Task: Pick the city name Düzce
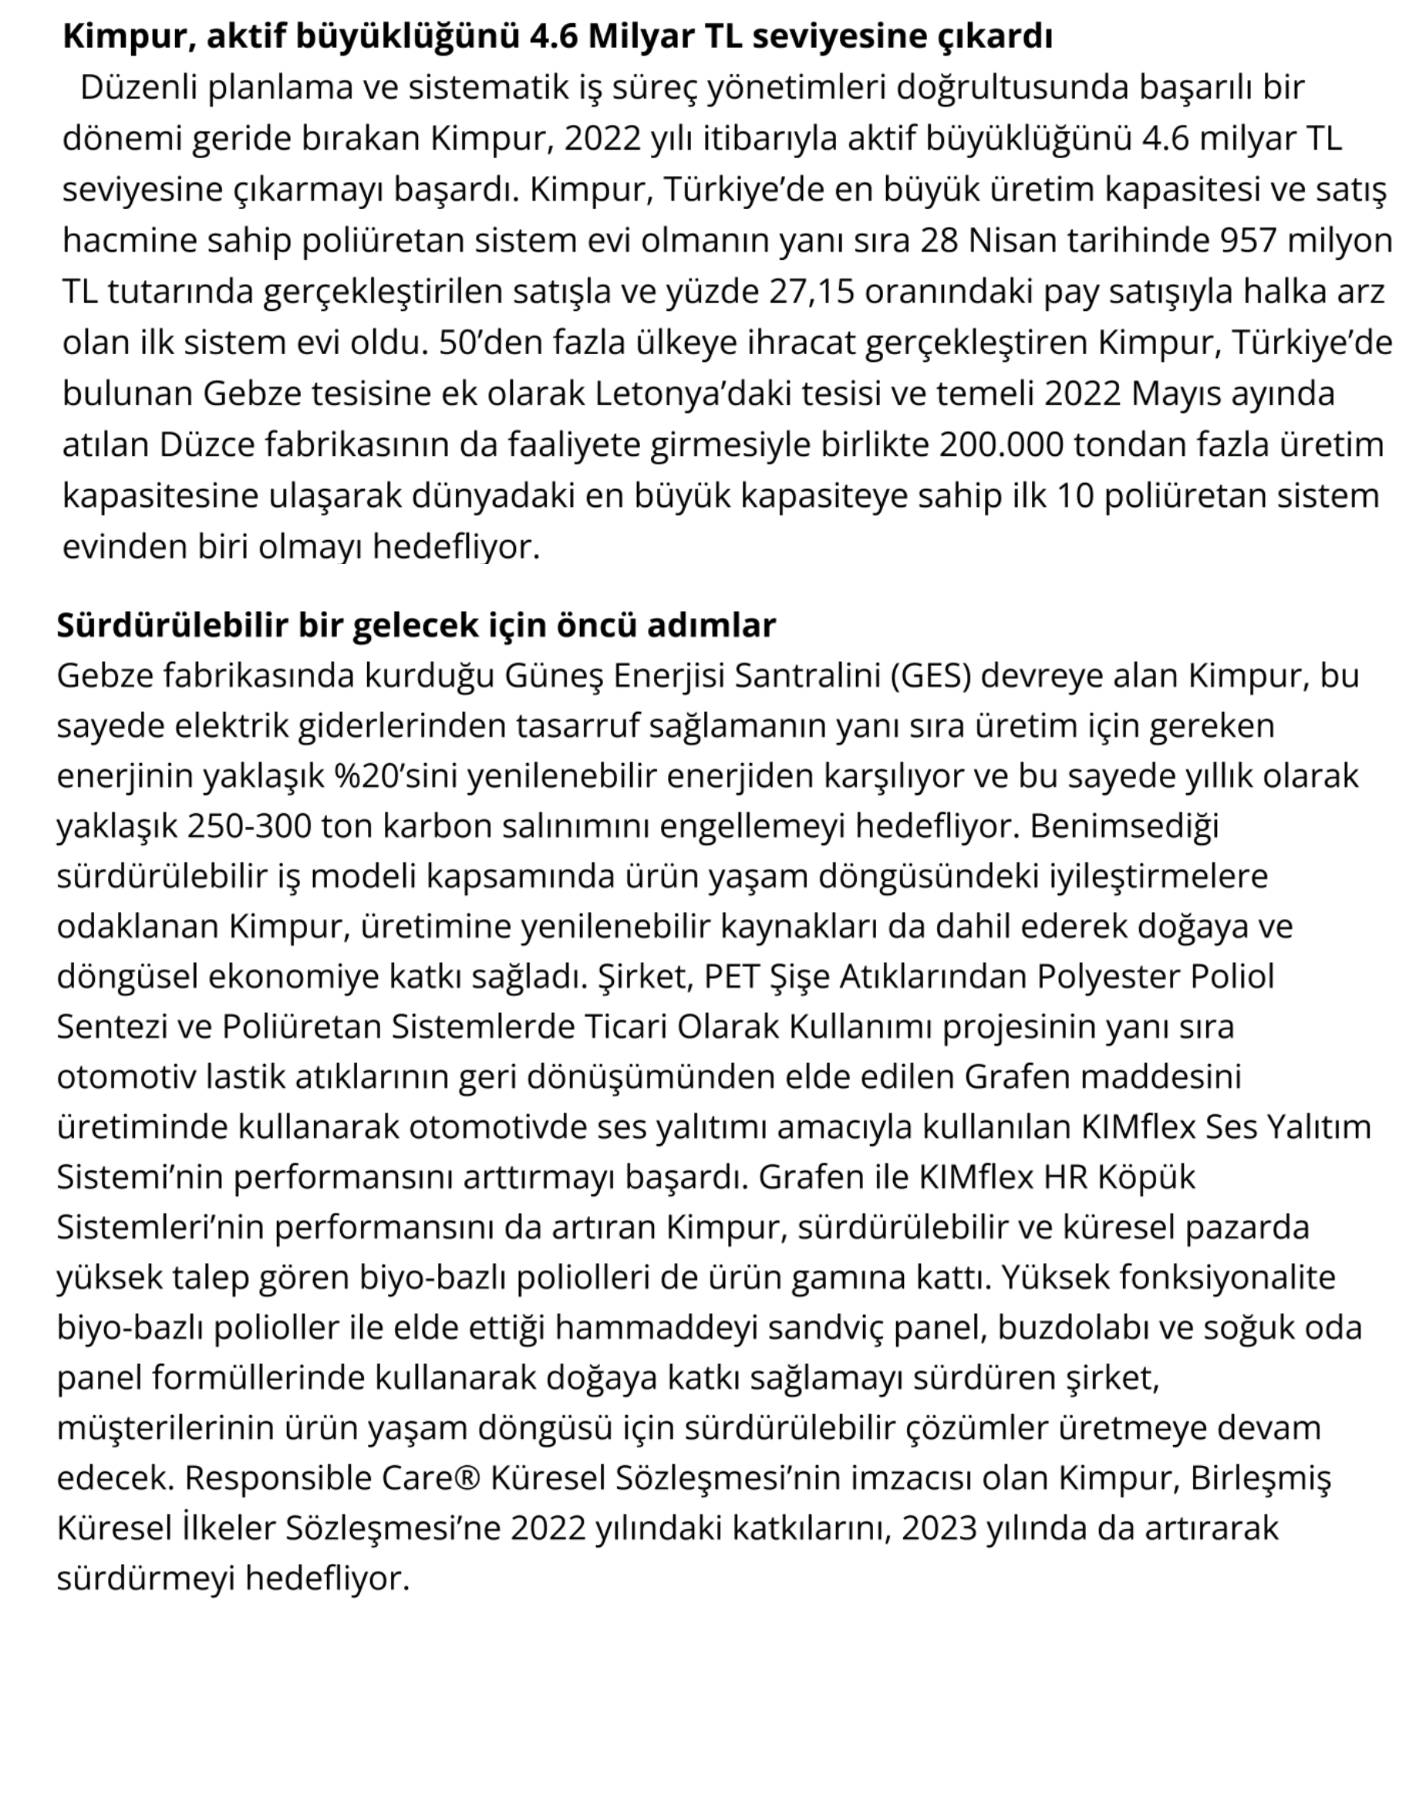tap(207, 445)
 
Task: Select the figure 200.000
tap(1000, 445)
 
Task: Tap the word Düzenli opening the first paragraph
tap(137, 88)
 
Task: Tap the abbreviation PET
tap(731, 977)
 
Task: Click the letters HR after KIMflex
tap(1064, 1177)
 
